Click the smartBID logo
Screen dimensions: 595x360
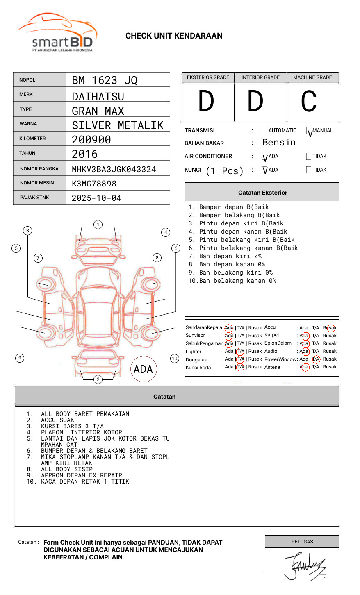[x=57, y=33]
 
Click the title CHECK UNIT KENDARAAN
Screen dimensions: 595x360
[x=174, y=36]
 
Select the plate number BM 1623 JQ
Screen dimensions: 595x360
[x=105, y=80]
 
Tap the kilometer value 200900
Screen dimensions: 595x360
[x=91, y=140]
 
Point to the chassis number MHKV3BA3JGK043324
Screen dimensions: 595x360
[x=114, y=169]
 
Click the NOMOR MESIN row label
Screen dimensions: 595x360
[x=37, y=183]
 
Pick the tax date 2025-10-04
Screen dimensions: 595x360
[x=97, y=198]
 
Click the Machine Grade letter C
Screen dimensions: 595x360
[x=309, y=101]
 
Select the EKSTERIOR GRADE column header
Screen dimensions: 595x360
[x=208, y=77]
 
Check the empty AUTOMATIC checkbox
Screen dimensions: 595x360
[x=264, y=131]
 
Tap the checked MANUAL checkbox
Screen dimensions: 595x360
[x=309, y=131]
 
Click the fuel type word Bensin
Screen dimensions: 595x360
[x=279, y=143]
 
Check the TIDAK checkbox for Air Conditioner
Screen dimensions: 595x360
[x=309, y=157]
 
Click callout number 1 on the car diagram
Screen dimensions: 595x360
[x=98, y=225]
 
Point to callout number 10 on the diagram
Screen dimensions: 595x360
[x=175, y=359]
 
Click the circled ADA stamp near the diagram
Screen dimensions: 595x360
[x=143, y=369]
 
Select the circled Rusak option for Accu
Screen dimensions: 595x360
[x=330, y=328]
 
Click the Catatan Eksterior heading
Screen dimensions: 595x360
[x=262, y=193]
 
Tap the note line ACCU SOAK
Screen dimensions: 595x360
[x=57, y=420]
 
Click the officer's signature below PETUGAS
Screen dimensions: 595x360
[x=305, y=565]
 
